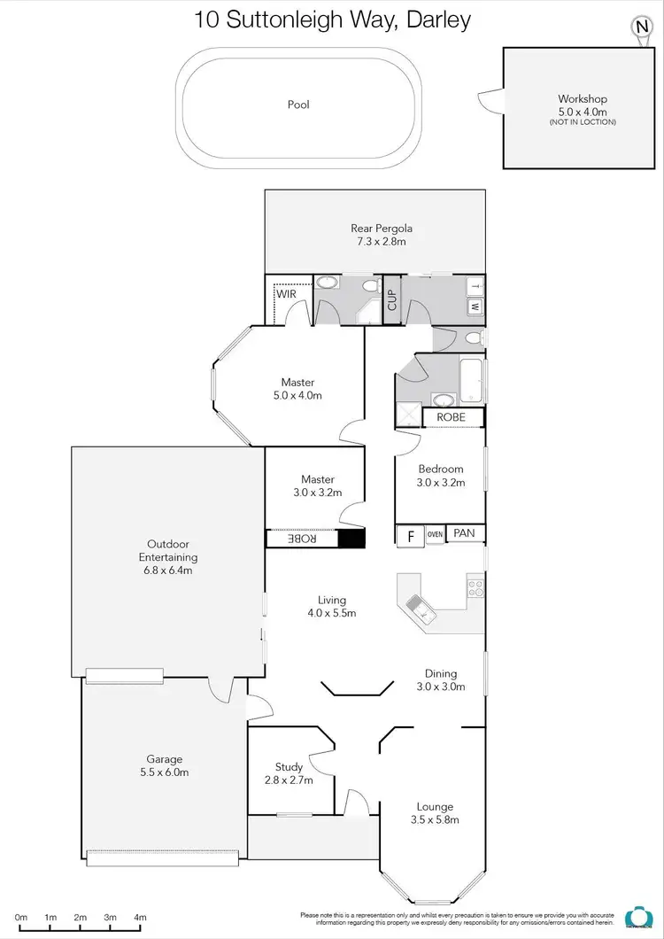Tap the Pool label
pos(298,105)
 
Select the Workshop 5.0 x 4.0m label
pos(582,105)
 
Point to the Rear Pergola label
pos(382,235)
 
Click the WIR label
pos(286,293)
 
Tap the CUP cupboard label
pos(392,301)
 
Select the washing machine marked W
pos(475,307)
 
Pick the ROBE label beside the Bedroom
pos(453,417)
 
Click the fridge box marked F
pos(410,535)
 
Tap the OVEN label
pos(435,534)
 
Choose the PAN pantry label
pos(465,534)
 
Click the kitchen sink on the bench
pos(419,606)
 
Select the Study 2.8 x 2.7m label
pos(289,772)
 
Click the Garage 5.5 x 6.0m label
pos(165,765)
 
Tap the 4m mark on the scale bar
pos(140,917)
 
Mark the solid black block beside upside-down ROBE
pos(351,539)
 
